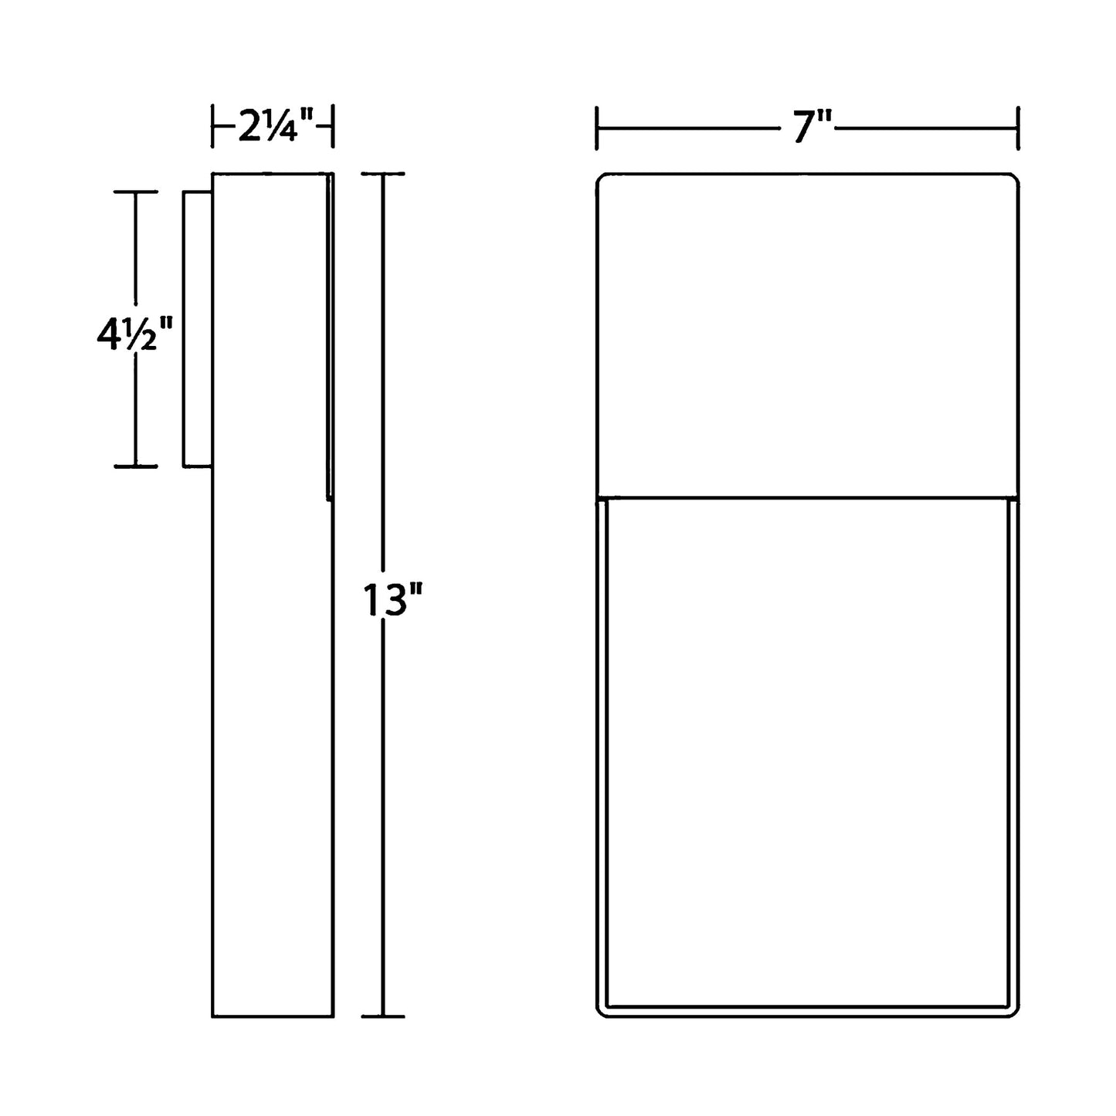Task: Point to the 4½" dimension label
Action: coord(127,334)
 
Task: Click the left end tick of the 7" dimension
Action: coord(596,127)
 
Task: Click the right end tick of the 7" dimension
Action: coord(1019,127)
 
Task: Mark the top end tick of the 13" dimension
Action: coord(383,175)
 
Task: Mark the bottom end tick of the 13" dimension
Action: coord(383,1016)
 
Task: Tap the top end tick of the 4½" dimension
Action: coord(136,192)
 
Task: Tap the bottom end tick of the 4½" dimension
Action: coord(136,466)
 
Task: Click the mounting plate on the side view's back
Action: coord(197,328)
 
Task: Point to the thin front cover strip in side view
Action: coord(330,336)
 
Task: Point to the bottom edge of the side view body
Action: coord(273,1016)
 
